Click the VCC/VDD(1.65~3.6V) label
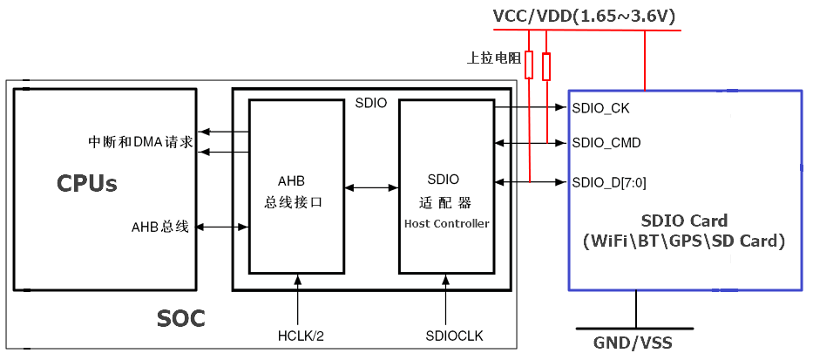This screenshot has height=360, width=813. pyautogui.click(x=584, y=16)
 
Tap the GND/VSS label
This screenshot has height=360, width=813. pyautogui.click(x=635, y=343)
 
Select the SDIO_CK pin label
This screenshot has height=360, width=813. pyautogui.click(x=600, y=109)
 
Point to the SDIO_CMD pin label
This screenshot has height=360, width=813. pyautogui.click(x=606, y=142)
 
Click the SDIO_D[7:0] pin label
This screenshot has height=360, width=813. pyautogui.click(x=609, y=182)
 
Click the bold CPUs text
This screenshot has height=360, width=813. pyautogui.click(x=87, y=183)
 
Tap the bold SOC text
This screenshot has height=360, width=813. pyautogui.click(x=181, y=319)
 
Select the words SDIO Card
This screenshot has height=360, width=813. pyautogui.click(x=684, y=221)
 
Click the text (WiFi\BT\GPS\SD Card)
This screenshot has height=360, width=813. pyautogui.click(x=684, y=241)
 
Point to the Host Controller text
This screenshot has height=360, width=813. pyautogui.click(x=446, y=224)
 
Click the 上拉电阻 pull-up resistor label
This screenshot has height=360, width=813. pyautogui.click(x=494, y=58)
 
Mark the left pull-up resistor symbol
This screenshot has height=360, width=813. pyautogui.click(x=529, y=65)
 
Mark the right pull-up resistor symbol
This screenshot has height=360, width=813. pyautogui.click(x=546, y=65)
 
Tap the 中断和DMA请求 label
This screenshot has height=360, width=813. pyautogui.click(x=140, y=141)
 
